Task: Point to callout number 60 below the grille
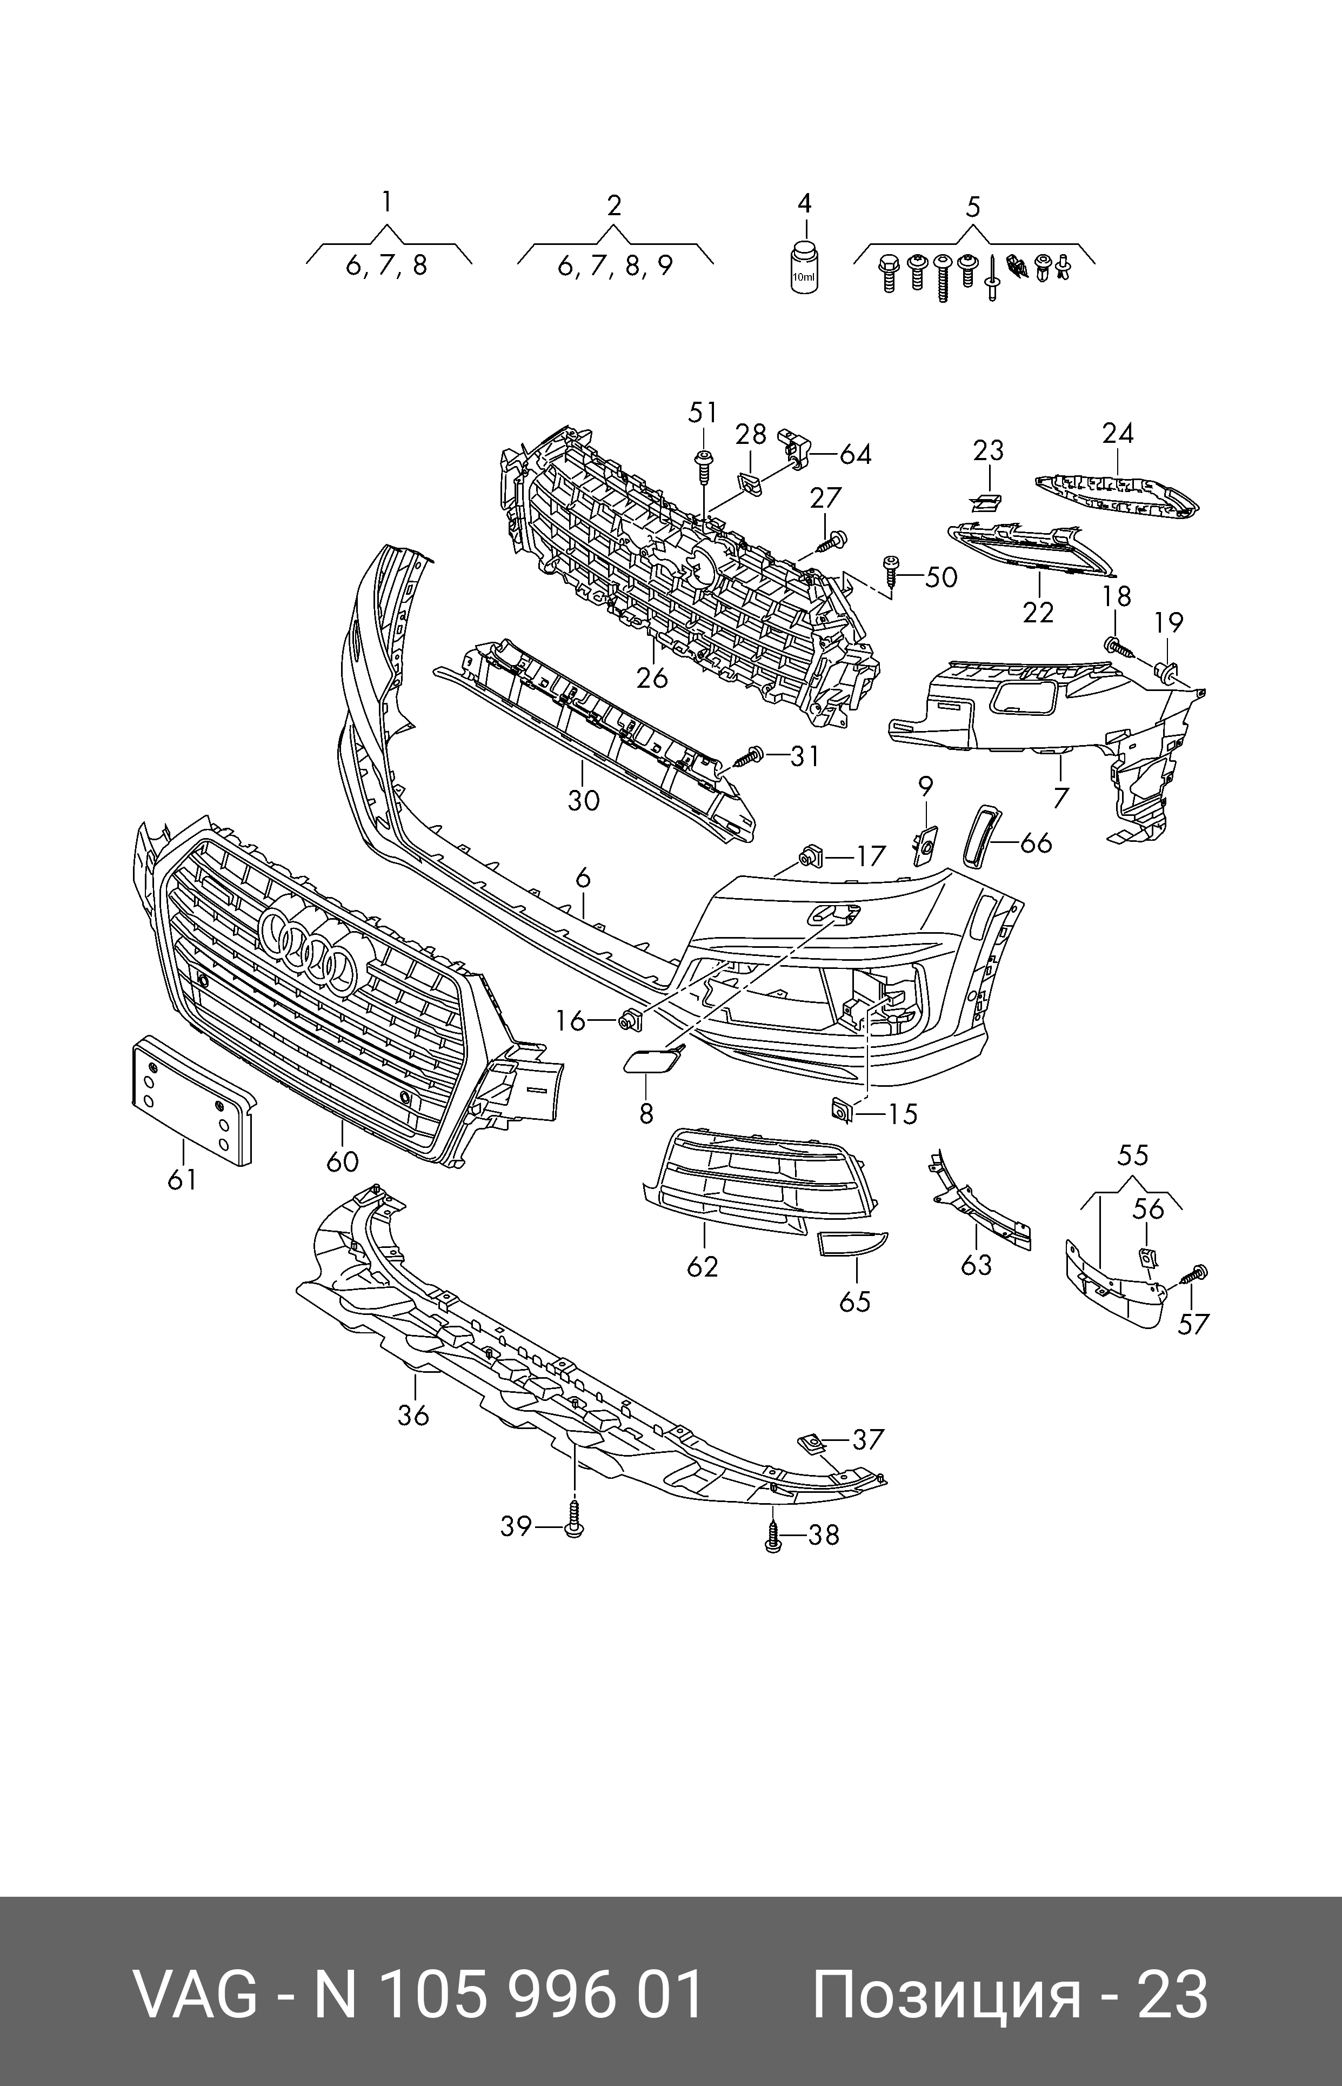(343, 1161)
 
